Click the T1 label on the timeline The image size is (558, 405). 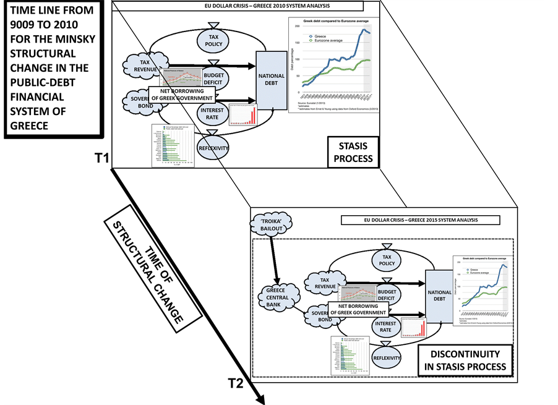click(x=101, y=158)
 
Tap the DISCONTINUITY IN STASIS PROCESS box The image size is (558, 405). click(x=466, y=360)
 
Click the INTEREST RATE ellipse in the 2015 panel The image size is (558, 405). click(x=385, y=325)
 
